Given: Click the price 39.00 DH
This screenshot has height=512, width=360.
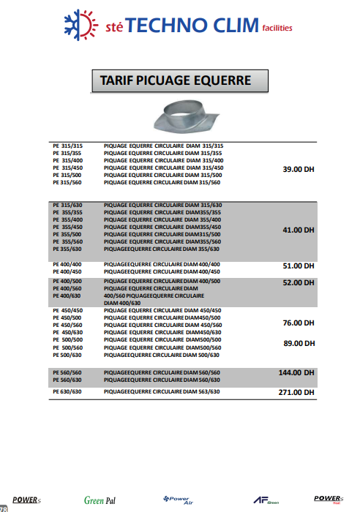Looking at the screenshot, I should coord(298,169).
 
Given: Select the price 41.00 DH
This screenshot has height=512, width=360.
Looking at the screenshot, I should coord(298,230).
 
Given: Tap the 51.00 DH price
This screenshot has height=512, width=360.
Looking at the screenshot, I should coord(298,266).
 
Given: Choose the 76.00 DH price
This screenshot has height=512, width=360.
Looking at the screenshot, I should coord(298,323).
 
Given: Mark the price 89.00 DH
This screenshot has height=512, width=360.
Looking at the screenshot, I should coord(298,343).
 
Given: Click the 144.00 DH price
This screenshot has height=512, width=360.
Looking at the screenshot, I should coord(296,372).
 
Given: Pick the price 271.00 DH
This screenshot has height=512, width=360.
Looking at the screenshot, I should coord(296,393).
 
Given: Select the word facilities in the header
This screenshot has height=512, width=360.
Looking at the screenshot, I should coord(277,29).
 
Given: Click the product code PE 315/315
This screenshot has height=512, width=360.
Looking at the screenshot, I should coord(67,146).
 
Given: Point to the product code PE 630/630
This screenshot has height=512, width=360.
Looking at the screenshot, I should coord(67,392).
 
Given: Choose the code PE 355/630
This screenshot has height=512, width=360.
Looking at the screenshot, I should coord(67,249).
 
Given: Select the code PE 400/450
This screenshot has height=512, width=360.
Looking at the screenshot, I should coord(67,271).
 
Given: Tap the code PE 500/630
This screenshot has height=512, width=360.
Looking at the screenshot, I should coord(67,355).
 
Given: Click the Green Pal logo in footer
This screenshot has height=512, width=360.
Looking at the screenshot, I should coord(100,500).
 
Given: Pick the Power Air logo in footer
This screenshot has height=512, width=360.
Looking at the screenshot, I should coord(176,500).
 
